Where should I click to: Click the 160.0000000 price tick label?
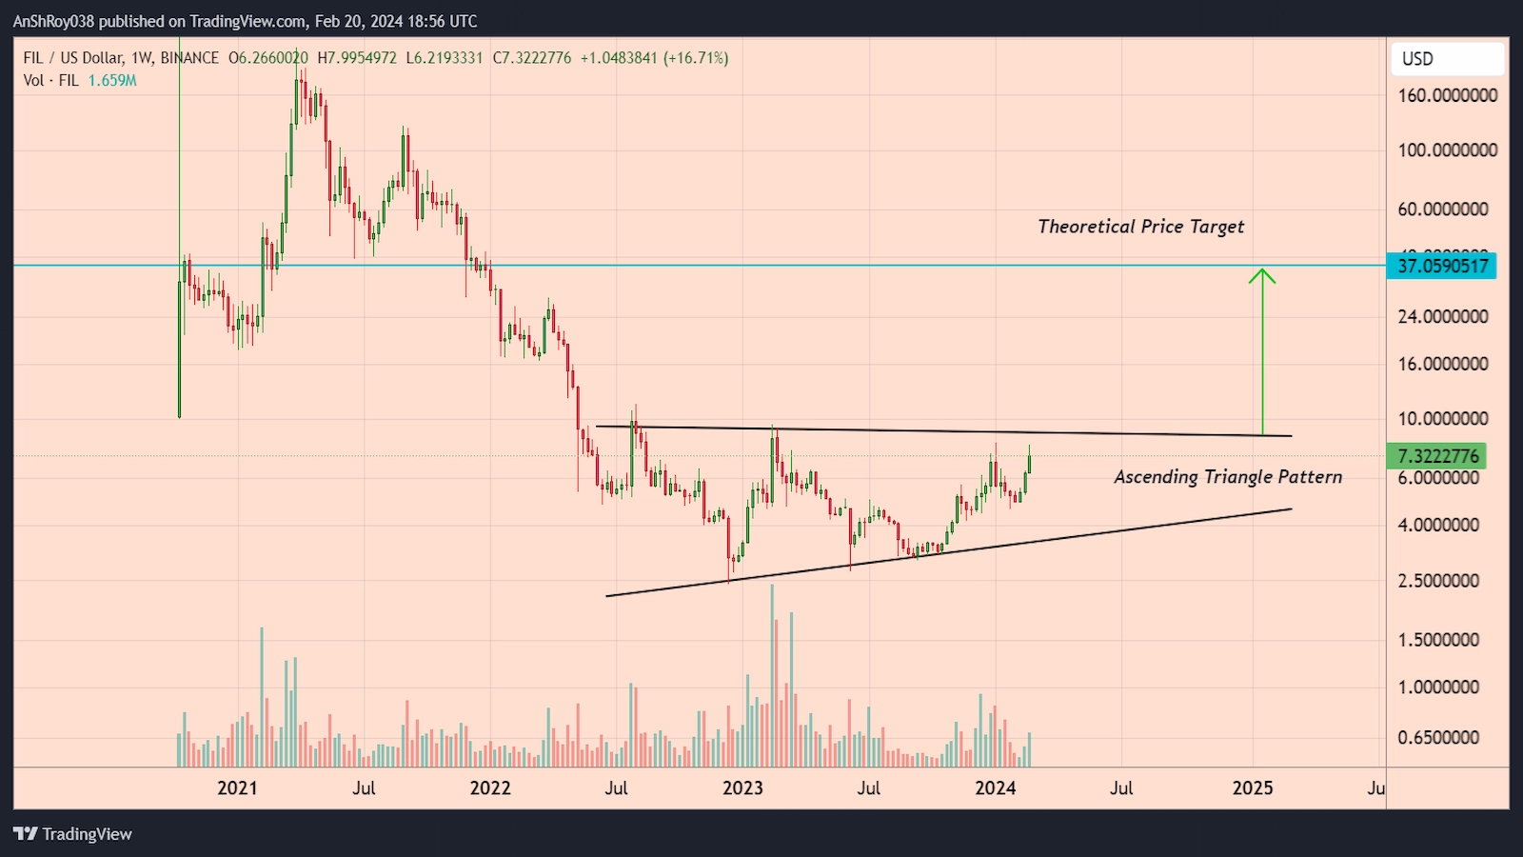[1447, 95]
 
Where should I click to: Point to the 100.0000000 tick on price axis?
[1447, 150]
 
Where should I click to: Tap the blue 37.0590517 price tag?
[1442, 266]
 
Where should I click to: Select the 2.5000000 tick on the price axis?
[1438, 581]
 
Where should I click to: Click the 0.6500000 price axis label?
[1438, 738]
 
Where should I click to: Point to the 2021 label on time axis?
[237, 788]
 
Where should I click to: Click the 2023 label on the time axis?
[742, 788]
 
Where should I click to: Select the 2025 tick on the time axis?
[1252, 788]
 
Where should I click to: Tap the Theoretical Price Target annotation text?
[1140, 227]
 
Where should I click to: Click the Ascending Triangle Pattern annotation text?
[1228, 477]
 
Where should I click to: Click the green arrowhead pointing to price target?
[1262, 275]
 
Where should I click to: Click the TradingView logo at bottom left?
[73, 834]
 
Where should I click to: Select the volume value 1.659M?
[112, 81]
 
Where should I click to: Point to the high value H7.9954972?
[357, 58]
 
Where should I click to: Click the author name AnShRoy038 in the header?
[53, 21]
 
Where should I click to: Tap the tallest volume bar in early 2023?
[772, 676]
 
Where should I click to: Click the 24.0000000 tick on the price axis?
[1442, 317]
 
